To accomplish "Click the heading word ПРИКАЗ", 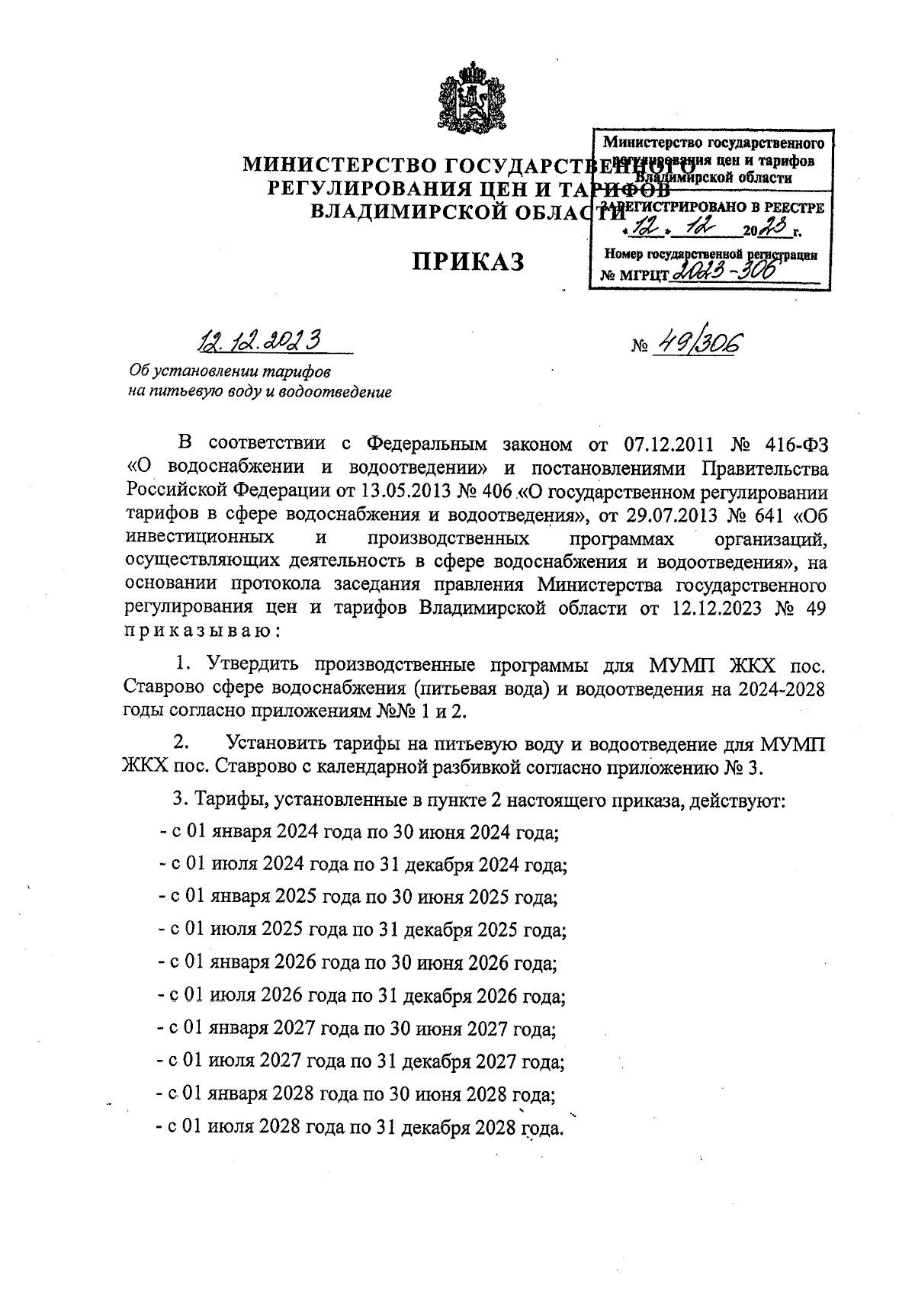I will pos(468,262).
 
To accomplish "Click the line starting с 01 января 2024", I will pos(358,832).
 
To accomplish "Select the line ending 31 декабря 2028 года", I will pos(358,1127).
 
